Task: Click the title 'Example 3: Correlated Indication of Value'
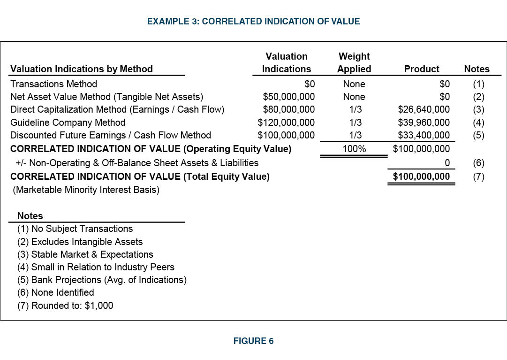(x=253, y=21)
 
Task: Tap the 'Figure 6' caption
(x=253, y=341)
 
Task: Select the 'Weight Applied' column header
(x=354, y=63)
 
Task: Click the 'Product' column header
(x=422, y=69)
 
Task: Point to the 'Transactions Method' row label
(x=53, y=84)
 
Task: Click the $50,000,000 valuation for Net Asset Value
(x=289, y=97)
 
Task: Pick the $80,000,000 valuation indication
(x=289, y=109)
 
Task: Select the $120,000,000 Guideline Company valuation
(x=287, y=123)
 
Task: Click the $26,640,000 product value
(x=424, y=109)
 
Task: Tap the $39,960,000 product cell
(x=424, y=123)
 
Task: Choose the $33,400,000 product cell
(x=424, y=135)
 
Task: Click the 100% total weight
(x=354, y=149)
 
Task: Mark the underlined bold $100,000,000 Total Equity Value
(x=421, y=176)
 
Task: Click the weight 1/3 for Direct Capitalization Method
(x=354, y=109)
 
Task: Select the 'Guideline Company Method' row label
(x=68, y=123)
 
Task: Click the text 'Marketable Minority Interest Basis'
(x=84, y=190)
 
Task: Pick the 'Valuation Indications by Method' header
(x=82, y=69)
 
